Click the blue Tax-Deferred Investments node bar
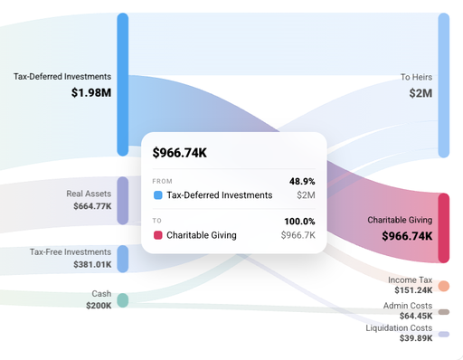pos(123,84)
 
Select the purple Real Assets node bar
pos(123,200)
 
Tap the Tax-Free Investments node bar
pos(123,259)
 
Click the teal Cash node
pos(123,299)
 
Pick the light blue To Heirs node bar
pos(443,85)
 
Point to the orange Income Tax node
pos(443,286)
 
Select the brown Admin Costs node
pos(443,312)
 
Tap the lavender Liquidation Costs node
pos(443,334)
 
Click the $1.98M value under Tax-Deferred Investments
pos(91,92)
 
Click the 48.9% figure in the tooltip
pos(302,181)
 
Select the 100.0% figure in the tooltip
pos(300,222)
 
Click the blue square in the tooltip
pos(157,194)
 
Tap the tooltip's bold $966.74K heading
pos(179,153)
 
